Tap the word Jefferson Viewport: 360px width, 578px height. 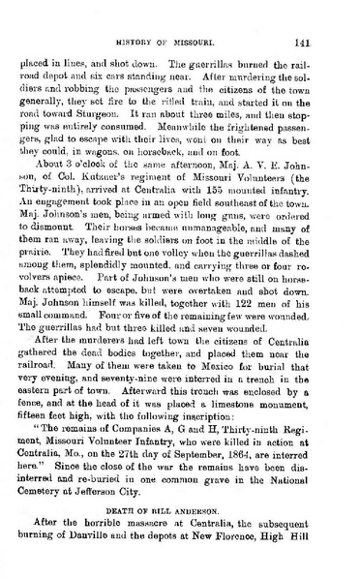(x=128, y=502)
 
